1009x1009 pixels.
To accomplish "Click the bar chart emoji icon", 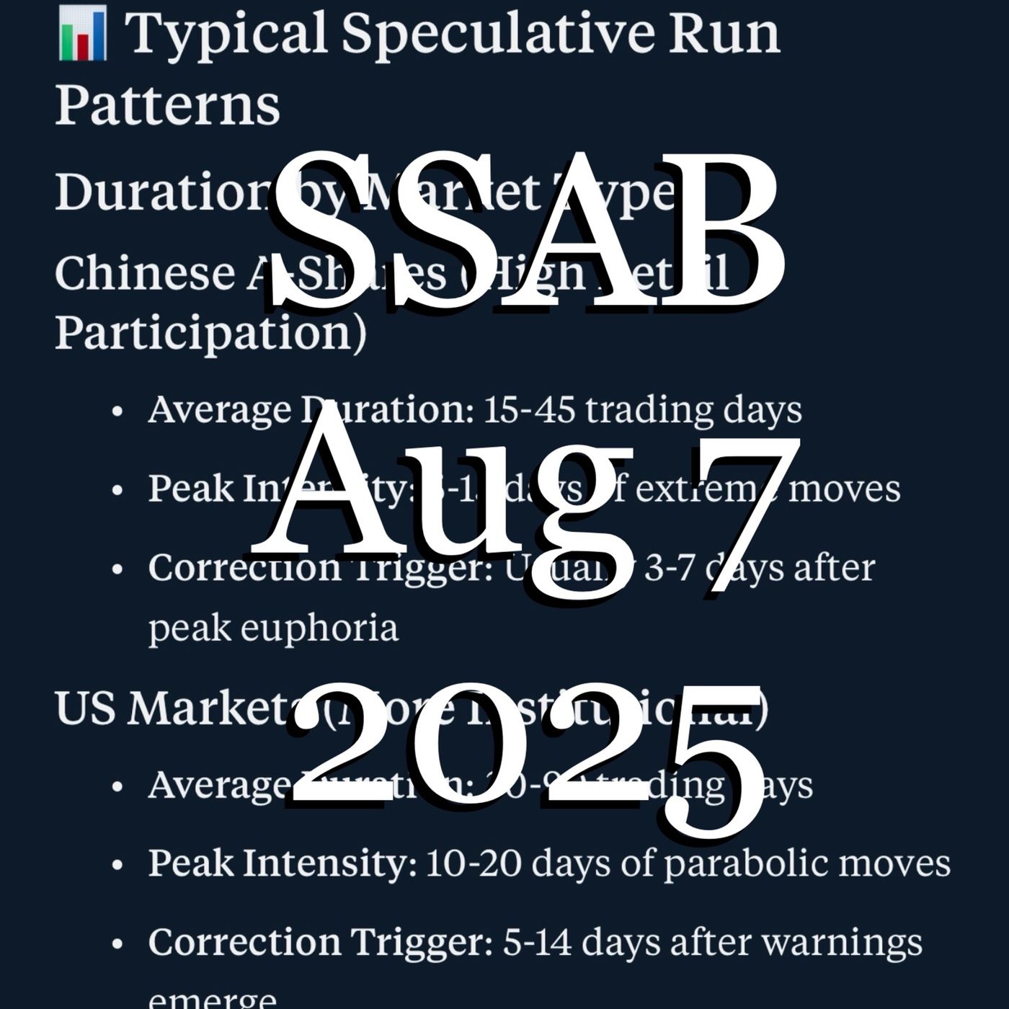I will tap(82, 34).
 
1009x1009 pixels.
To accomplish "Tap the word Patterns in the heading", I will tap(167, 105).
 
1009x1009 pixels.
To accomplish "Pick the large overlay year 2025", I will tap(526, 757).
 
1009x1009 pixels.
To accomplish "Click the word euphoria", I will tap(319, 627).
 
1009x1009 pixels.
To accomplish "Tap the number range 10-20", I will tap(474, 863).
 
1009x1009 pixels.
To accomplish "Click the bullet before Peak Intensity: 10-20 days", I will tap(118, 864).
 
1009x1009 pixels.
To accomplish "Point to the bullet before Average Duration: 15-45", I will tap(118, 412).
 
